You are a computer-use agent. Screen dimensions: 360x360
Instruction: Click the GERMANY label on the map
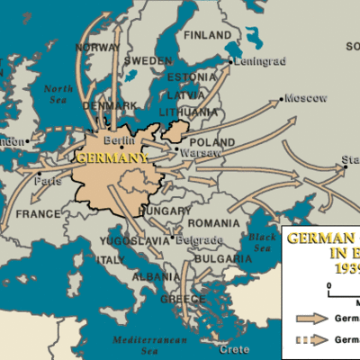click(112, 158)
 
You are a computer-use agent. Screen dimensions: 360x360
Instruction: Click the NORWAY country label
click(98, 47)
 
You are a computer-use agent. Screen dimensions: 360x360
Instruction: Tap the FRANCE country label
click(37, 214)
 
